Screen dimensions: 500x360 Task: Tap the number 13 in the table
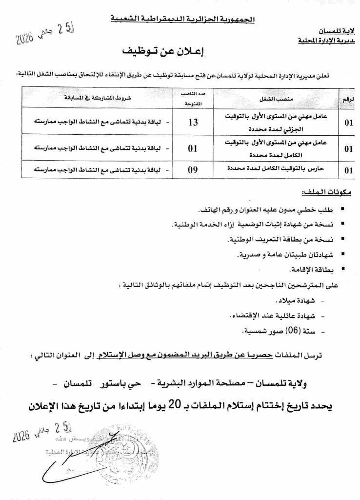193,122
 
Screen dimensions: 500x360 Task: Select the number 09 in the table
193,170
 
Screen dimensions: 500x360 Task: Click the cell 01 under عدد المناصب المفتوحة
193,146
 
